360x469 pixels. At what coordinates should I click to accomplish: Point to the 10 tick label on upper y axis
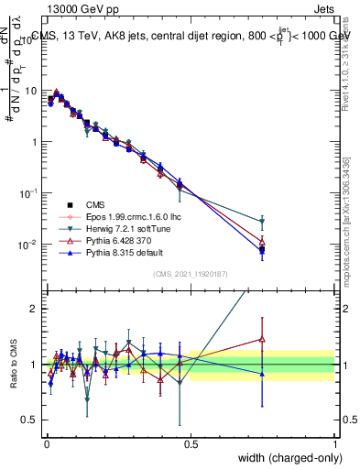[x=30, y=91]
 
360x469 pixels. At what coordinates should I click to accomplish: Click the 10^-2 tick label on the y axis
[x=28, y=245]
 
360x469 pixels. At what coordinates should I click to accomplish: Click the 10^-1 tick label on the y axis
[x=28, y=193]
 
